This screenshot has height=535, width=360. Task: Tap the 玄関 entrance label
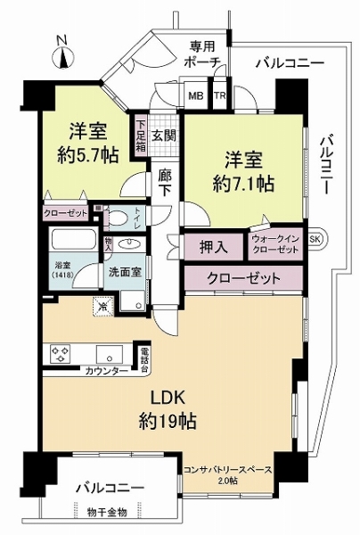click(163, 136)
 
